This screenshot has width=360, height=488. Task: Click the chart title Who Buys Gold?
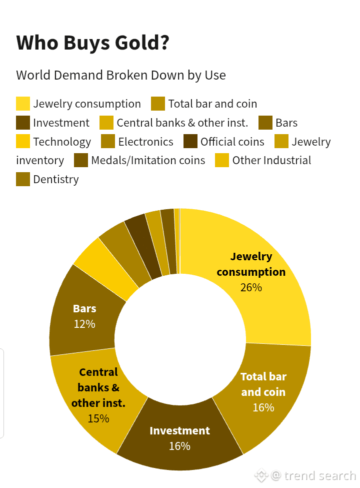coord(92,43)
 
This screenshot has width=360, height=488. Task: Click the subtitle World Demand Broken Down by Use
coord(121,76)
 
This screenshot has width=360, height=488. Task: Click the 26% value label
coord(251,288)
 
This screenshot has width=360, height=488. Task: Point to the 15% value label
coord(98,418)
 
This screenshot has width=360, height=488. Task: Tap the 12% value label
coord(84,324)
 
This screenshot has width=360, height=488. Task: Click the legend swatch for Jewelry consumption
coord(23,104)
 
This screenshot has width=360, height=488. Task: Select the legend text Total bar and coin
coord(212,104)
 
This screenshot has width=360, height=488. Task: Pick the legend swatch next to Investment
coord(23,123)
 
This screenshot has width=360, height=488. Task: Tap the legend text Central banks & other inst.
coord(182,123)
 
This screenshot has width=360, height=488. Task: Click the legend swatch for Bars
coord(265,123)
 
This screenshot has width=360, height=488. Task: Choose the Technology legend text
coord(62,142)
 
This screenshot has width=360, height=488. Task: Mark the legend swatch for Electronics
coord(108,142)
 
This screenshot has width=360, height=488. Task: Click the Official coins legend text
coord(232,142)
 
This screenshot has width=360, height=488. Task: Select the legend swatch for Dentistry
coord(23,179)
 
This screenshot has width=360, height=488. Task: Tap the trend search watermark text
coord(320,475)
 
